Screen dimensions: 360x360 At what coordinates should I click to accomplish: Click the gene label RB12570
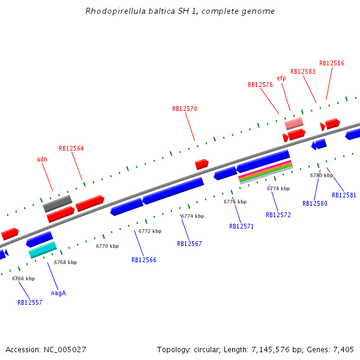(x=184, y=109)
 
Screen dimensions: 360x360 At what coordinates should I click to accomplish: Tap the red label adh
(x=42, y=159)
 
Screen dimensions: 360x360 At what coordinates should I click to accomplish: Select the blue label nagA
(x=58, y=293)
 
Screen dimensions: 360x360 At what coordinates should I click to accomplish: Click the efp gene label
(x=281, y=78)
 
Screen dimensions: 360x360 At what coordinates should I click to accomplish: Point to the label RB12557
(x=29, y=302)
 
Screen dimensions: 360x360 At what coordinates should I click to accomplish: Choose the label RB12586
(x=331, y=63)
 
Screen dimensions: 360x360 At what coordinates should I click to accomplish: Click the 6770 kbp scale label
(x=107, y=246)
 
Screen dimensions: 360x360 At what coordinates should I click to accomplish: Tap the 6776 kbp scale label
(x=235, y=202)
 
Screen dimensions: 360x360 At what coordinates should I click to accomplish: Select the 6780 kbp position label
(x=321, y=175)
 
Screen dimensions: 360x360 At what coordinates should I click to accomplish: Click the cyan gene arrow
(x=43, y=250)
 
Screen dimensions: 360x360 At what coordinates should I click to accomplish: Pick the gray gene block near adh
(x=57, y=203)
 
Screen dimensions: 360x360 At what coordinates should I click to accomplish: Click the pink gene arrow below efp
(x=294, y=123)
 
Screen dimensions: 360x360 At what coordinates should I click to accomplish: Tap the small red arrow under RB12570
(x=202, y=164)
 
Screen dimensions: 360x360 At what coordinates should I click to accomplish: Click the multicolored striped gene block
(x=265, y=172)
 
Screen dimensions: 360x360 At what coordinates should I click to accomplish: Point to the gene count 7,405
(x=343, y=349)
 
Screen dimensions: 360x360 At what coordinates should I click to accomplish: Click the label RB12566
(x=144, y=260)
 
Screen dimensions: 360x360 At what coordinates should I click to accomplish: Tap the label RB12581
(x=344, y=195)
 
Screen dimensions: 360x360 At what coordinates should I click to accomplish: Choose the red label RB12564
(x=71, y=148)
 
